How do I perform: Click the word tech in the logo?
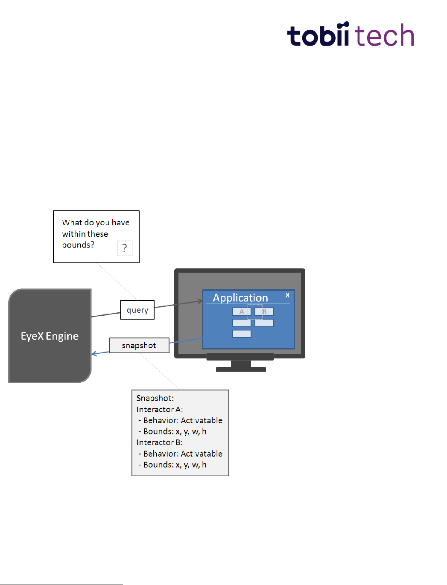tap(384, 35)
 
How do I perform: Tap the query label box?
tap(137, 310)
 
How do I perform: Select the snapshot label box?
tap(139, 345)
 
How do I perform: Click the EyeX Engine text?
tap(50, 336)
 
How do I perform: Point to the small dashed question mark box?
tap(125, 248)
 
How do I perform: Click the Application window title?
tap(240, 297)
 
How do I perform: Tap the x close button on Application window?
tap(287, 295)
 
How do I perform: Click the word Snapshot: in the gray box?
tap(155, 398)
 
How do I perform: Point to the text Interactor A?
tap(159, 409)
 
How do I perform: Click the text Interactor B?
tap(159, 442)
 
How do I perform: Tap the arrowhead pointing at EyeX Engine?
tap(94, 354)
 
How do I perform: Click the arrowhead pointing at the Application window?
tap(200, 301)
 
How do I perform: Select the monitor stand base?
tap(241, 369)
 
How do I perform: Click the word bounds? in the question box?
tap(78, 245)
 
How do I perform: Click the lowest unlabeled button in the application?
tap(242, 334)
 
